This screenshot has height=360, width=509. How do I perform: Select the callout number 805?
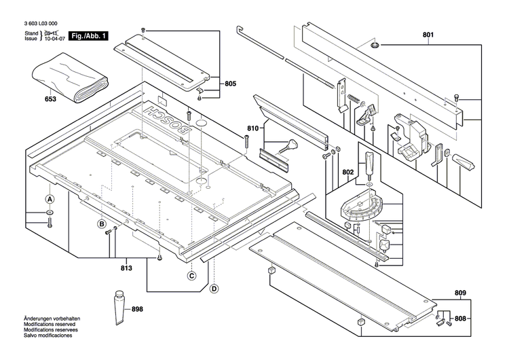point(230,84)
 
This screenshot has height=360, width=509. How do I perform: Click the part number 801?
point(428,35)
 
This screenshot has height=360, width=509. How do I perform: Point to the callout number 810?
point(253,128)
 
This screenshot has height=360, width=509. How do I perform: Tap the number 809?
point(461,294)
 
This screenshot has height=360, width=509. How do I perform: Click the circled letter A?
point(50,200)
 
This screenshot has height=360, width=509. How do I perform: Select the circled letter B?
point(101,224)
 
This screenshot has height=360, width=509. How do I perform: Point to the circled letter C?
point(192,276)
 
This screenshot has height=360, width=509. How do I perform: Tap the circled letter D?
point(214,289)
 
